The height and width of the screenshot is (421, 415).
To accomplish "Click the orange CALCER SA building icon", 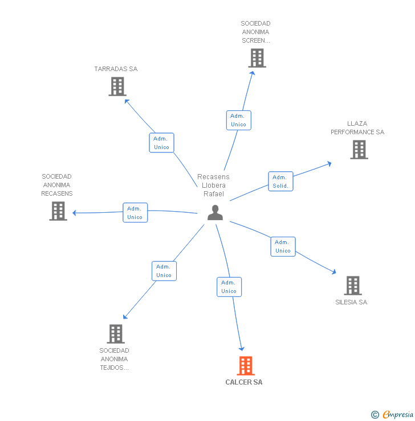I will [x=246, y=366].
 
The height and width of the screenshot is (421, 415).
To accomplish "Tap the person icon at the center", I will [x=215, y=212].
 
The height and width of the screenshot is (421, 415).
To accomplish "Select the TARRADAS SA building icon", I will [x=117, y=86].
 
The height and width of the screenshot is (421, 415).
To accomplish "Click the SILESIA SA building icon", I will [x=353, y=286].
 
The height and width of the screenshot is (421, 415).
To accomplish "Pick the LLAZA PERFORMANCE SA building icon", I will [x=359, y=149].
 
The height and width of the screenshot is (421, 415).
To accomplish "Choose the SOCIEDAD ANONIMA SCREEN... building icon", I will [x=257, y=58].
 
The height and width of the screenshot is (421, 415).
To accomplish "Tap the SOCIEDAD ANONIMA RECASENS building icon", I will [x=58, y=211].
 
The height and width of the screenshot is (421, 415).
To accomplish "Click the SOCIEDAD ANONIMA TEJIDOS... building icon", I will [x=116, y=334].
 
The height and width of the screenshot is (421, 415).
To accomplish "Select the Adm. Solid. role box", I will [x=280, y=181].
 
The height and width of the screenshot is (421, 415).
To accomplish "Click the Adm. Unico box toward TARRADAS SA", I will [x=162, y=143].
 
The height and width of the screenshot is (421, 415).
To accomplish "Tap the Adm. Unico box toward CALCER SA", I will [x=229, y=287].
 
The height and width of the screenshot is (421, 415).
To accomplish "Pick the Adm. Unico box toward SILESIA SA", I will [x=283, y=246].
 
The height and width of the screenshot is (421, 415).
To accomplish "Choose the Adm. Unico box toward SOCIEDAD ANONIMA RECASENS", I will [x=135, y=213].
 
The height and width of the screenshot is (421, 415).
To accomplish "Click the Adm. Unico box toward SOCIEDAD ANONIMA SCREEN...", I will [x=238, y=120].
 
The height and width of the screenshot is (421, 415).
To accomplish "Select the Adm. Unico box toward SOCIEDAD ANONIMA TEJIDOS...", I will [x=164, y=271].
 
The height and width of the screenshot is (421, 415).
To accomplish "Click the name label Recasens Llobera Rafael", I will [x=213, y=185].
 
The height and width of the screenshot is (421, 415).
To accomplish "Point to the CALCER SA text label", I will [x=244, y=382].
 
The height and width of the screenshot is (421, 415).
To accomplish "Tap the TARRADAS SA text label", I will [x=116, y=69].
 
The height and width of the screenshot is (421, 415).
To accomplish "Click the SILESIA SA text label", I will [x=351, y=302].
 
